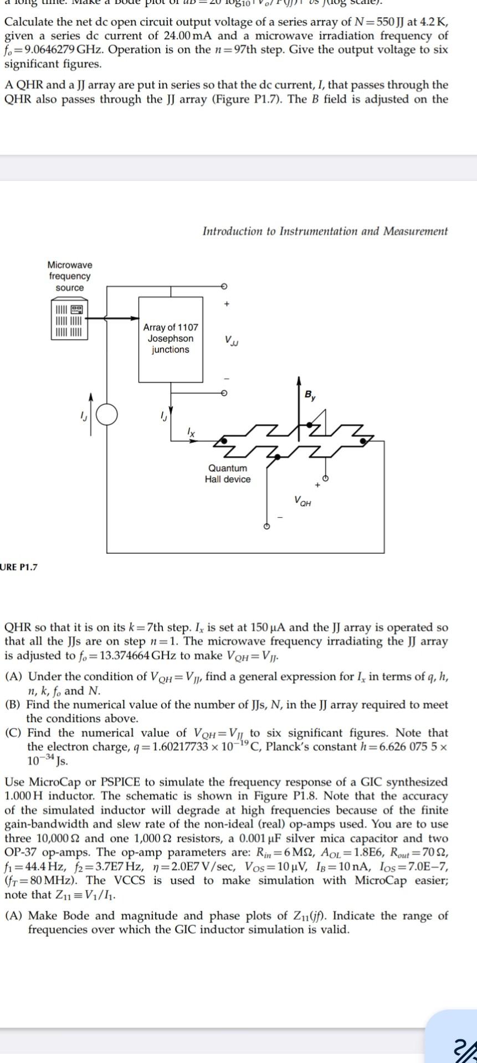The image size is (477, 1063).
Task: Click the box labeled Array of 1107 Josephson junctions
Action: pyautogui.click(x=170, y=338)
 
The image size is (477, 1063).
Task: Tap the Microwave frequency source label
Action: pyautogui.click(x=70, y=276)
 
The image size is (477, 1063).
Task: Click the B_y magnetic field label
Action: pyautogui.click(x=308, y=395)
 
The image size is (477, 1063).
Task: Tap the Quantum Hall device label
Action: pyautogui.click(x=227, y=474)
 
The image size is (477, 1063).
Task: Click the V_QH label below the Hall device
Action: pyautogui.click(x=303, y=503)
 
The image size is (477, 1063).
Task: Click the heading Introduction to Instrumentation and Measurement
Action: pyautogui.click(x=325, y=231)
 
